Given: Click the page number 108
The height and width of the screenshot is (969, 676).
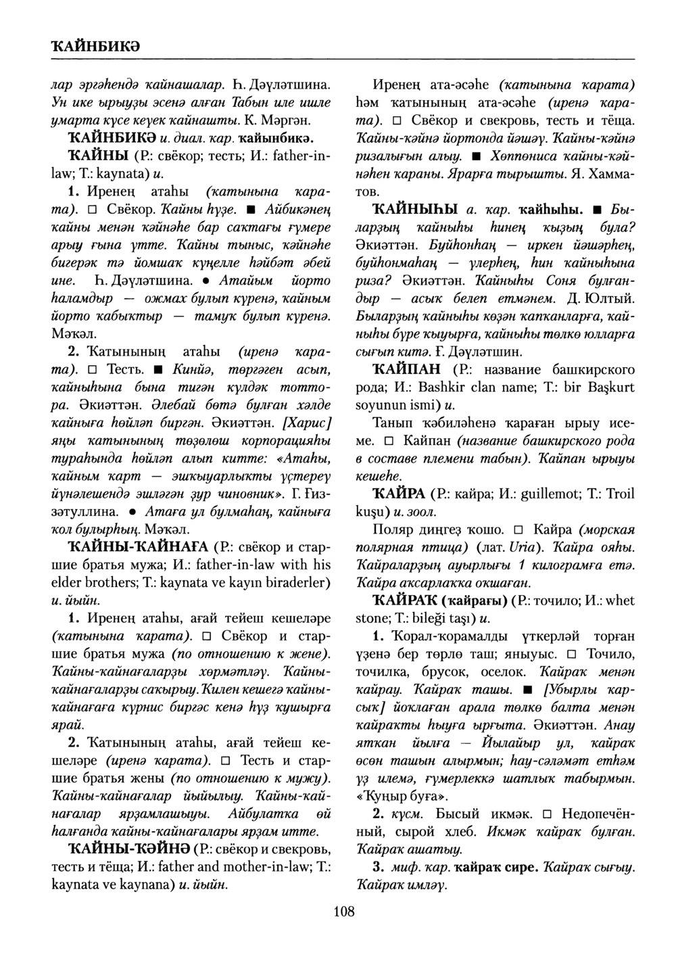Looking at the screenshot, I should (x=343, y=912).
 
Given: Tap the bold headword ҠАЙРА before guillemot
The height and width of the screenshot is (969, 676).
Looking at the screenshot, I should (x=397, y=493).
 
